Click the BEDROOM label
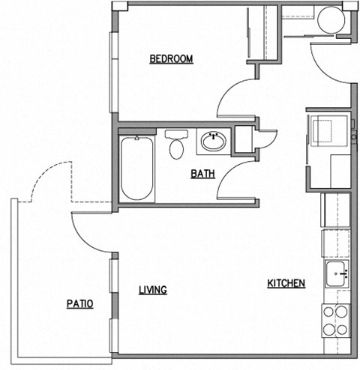pyautogui.click(x=171, y=59)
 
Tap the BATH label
pyautogui.click(x=202, y=174)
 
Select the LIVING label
pyautogui.click(x=153, y=290)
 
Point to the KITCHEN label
pyautogui.click(x=286, y=283)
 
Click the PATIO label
pyautogui.click(x=79, y=304)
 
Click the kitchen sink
pyautogui.click(x=337, y=275)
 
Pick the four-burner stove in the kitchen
pyautogui.click(x=337, y=320)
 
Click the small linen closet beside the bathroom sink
pyautogui.click(x=244, y=139)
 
